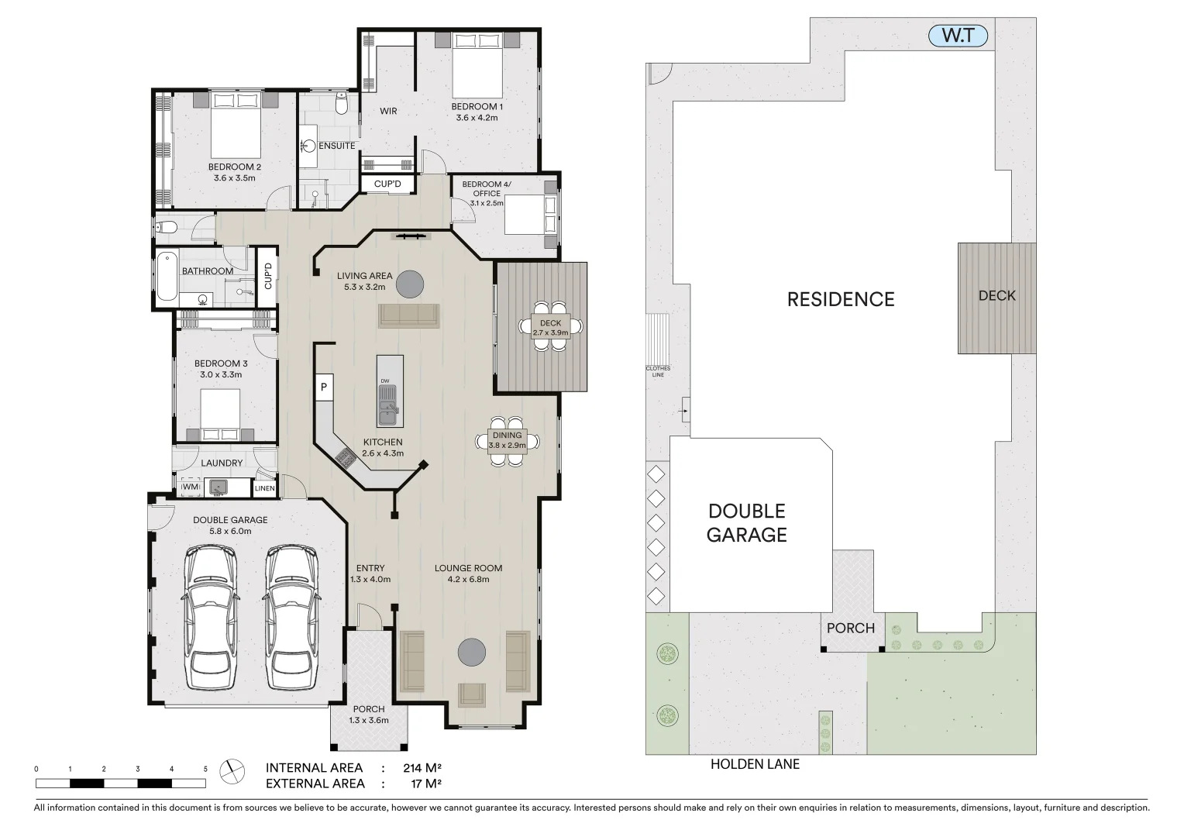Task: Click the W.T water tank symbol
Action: click(x=960, y=36)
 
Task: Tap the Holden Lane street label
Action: click(x=755, y=764)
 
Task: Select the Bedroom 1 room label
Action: click(x=477, y=112)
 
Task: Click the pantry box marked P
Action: click(x=324, y=387)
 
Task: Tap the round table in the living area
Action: click(x=410, y=285)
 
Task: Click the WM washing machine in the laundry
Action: click(x=190, y=487)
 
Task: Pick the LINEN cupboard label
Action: click(x=264, y=488)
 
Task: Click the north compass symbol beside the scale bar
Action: click(x=231, y=770)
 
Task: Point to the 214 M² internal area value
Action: click(x=422, y=768)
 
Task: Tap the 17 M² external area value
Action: click(x=425, y=784)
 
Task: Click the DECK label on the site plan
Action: click(x=996, y=295)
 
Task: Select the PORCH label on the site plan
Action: click(x=850, y=628)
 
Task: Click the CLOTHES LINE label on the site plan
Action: click(x=659, y=371)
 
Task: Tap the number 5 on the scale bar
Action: click(x=205, y=769)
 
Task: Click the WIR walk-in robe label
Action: click(x=388, y=112)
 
